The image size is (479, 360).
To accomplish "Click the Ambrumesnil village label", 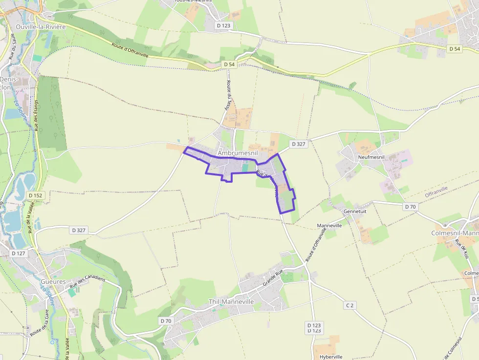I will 238,153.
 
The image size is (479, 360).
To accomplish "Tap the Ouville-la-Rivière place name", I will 40,27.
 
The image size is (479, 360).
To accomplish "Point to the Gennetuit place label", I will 355,211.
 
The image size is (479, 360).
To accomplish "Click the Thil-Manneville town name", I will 231,302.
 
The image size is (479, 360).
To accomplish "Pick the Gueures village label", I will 53,282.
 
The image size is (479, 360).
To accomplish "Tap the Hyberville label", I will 327,357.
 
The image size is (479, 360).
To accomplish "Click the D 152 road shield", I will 36,195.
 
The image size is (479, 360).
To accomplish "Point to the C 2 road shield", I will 349,305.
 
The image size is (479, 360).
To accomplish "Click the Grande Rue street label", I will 273,279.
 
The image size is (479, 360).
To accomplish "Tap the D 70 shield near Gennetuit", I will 410,207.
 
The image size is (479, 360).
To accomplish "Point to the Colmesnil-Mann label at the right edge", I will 455,233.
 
